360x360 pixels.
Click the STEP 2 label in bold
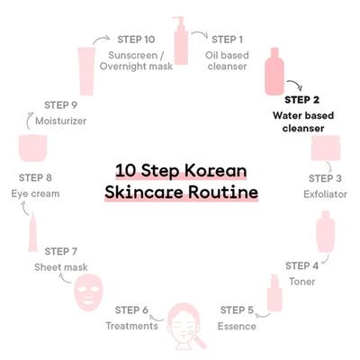pyautogui.click(x=301, y=100)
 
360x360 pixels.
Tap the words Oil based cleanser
pyautogui.click(x=227, y=60)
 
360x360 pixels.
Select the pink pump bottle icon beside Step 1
pyautogui.click(x=181, y=40)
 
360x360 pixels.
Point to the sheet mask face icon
pyautogui.click(x=89, y=293)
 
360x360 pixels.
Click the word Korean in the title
pyautogui.click(x=215, y=171)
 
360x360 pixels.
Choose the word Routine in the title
pyautogui.click(x=223, y=193)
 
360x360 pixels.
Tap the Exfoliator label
pyautogui.click(x=325, y=194)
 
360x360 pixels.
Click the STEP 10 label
pyautogui.click(x=136, y=40)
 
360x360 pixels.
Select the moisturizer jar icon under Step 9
pyautogui.click(x=33, y=148)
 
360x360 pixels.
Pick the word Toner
pyautogui.click(x=301, y=282)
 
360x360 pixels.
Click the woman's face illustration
pyautogui.click(x=184, y=326)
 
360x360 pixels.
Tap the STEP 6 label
pyautogui.click(x=131, y=310)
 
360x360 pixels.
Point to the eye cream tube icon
pyautogui.click(x=33, y=232)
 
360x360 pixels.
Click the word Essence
pyautogui.click(x=237, y=326)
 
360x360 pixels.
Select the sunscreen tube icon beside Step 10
pyautogui.click(x=87, y=71)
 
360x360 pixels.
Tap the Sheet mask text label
pyautogui.click(x=61, y=267)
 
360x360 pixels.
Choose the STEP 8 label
pyautogui.click(x=35, y=177)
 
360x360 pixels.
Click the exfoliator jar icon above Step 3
pyautogui.click(x=326, y=148)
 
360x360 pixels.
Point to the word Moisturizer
pyautogui.click(x=61, y=121)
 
